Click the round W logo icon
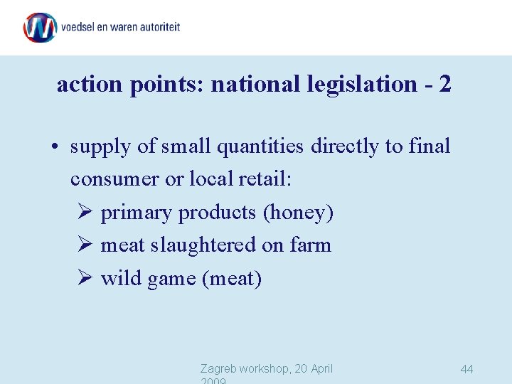[40, 27]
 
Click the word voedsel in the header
[80, 28]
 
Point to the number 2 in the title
[445, 84]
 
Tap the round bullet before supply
[54, 147]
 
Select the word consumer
[115, 179]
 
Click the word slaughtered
[201, 245]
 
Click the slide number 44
[466, 369]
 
